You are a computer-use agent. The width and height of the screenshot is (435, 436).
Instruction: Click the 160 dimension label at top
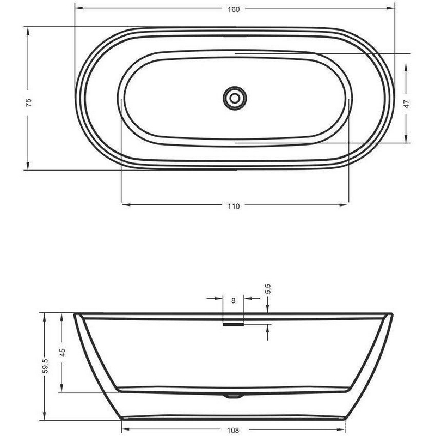point(234,9)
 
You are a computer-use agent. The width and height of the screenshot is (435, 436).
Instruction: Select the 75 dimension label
point(29,102)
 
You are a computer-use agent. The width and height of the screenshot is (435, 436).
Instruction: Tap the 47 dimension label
point(406,104)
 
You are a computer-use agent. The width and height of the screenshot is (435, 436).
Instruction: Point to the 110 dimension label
point(234,207)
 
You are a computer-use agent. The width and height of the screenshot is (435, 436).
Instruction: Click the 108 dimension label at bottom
point(233,431)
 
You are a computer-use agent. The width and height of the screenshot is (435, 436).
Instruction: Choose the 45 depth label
point(63,353)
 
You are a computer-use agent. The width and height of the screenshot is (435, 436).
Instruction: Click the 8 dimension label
point(234,301)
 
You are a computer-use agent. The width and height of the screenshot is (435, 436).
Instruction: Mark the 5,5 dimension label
point(268,289)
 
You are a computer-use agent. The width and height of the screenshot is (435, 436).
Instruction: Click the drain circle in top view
point(235,98)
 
